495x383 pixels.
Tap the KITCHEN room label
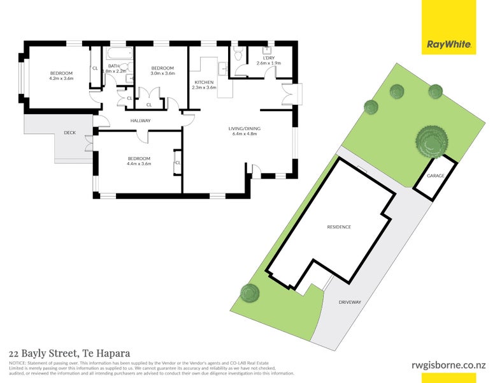pos(204,82)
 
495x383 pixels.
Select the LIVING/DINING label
pos(245,129)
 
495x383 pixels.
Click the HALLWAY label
pos(140,120)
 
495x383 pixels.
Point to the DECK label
pos(69,133)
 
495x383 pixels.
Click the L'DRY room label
pos(268,57)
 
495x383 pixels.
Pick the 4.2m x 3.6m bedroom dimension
pos(62,79)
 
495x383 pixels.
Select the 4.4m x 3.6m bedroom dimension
pos(139,164)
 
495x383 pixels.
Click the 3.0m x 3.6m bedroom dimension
pos(162,73)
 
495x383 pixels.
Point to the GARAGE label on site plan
pos(436,176)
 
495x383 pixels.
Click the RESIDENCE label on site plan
pos(339,227)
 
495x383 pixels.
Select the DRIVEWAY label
pos(350,302)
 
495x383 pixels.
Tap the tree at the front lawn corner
pos(250,293)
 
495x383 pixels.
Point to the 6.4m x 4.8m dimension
pos(245,135)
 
